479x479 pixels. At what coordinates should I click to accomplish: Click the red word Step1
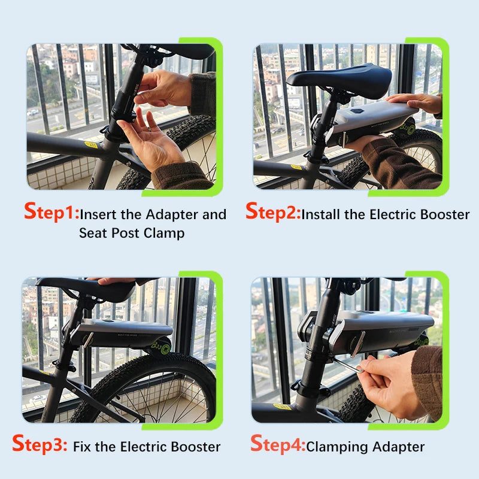pos(51,213)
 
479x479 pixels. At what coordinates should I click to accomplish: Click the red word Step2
pos(273,213)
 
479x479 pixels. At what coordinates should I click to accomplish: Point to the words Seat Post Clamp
pos(132,233)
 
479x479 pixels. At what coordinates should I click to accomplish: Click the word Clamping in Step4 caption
pos(337,447)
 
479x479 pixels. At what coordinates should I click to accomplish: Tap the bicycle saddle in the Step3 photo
pos(90,289)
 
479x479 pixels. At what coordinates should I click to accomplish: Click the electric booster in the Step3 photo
pos(123,329)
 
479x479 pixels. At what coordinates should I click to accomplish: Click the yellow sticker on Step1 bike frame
pos(91,144)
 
